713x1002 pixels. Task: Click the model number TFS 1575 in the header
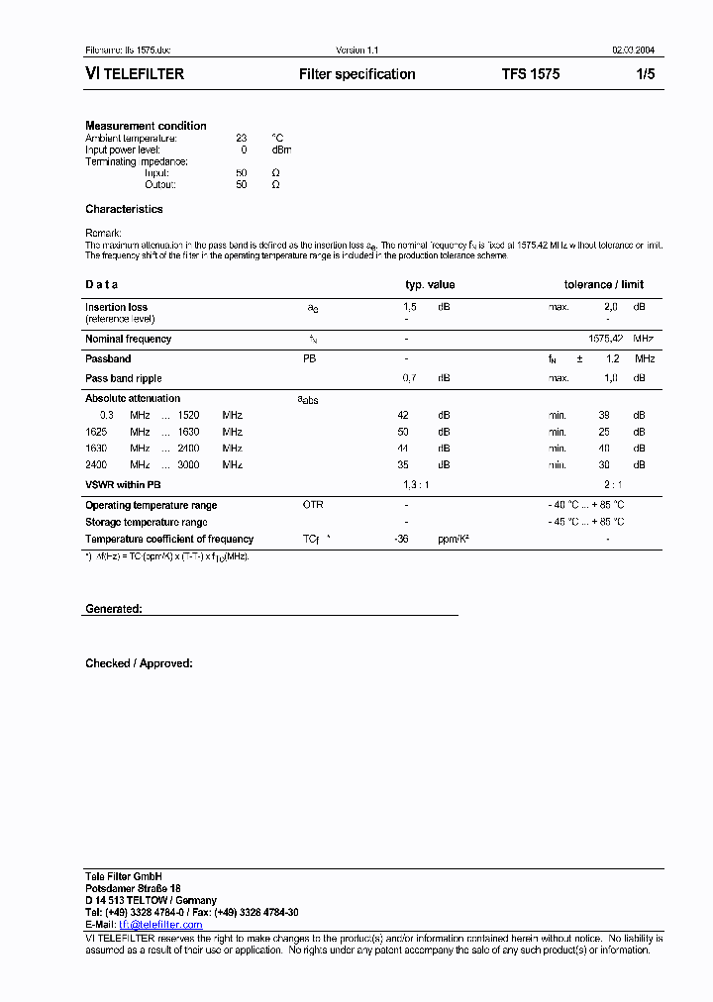pyautogui.click(x=530, y=74)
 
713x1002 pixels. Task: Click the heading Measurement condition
pyautogui.click(x=146, y=126)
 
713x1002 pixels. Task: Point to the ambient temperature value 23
pyautogui.click(x=241, y=138)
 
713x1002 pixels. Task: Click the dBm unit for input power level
pyautogui.click(x=281, y=150)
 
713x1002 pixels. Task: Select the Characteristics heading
pyautogui.click(x=124, y=209)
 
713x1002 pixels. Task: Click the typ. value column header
pyautogui.click(x=430, y=285)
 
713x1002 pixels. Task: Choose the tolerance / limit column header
pyautogui.click(x=604, y=285)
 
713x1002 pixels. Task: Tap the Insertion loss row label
pyautogui.click(x=116, y=307)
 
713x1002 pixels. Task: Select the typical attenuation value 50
pyautogui.click(x=403, y=432)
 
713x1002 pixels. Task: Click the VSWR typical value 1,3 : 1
pyautogui.click(x=416, y=484)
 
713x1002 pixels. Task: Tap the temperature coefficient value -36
pyautogui.click(x=402, y=539)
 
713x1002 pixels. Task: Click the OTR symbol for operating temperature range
pyautogui.click(x=313, y=505)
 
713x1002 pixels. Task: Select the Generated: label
pyautogui.click(x=113, y=609)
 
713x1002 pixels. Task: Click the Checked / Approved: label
pyautogui.click(x=139, y=663)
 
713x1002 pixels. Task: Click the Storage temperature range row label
pyautogui.click(x=146, y=522)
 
